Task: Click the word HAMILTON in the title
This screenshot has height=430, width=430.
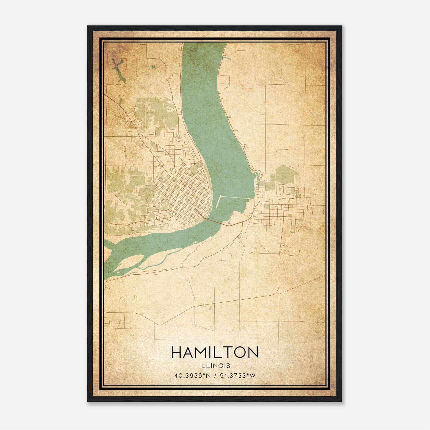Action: point(214,352)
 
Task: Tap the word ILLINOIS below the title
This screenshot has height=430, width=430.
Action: point(214,366)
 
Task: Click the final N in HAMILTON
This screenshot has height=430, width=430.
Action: point(253,352)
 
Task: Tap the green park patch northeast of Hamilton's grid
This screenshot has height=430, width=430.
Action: point(286,175)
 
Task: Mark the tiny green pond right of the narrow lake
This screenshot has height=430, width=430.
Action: point(153,67)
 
